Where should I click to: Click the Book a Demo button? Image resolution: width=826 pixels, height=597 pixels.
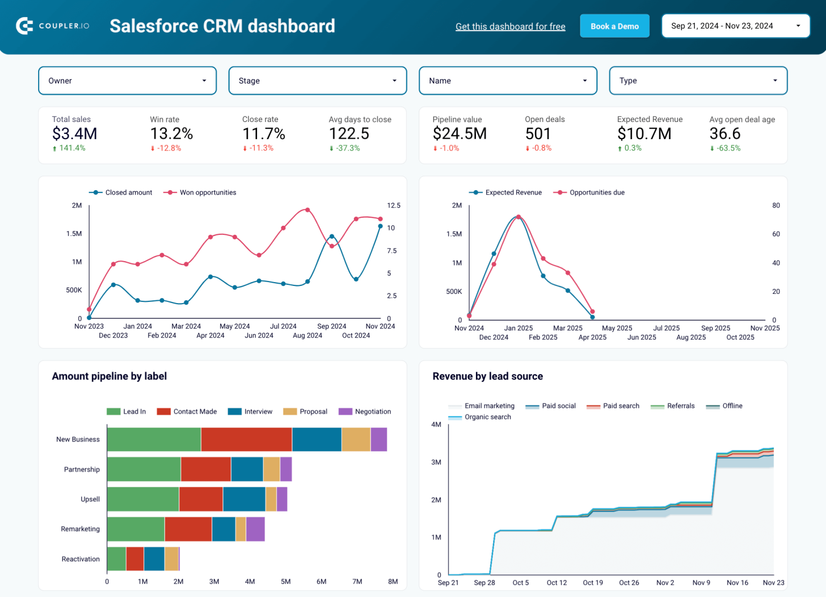[x=614, y=26]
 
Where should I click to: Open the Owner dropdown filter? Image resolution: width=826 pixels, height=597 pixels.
[x=127, y=81]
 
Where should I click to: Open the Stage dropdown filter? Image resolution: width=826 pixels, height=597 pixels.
[x=317, y=81]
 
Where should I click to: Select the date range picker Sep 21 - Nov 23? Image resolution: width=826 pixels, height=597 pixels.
[x=735, y=26]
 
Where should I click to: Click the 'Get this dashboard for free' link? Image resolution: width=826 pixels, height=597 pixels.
[x=510, y=27]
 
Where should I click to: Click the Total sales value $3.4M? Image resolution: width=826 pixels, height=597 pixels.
[x=75, y=133]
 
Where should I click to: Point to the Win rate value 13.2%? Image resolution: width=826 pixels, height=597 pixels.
[x=171, y=133]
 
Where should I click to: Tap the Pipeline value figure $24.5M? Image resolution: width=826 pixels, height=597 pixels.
[x=459, y=133]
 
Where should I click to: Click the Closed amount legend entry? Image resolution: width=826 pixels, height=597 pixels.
[x=128, y=192]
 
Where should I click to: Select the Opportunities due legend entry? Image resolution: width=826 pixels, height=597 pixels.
[x=596, y=192]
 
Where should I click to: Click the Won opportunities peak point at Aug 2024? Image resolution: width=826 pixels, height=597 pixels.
[x=308, y=210]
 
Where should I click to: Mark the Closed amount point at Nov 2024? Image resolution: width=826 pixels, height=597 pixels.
[x=380, y=227]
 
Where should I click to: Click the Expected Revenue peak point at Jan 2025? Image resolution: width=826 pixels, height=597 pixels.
[x=518, y=217]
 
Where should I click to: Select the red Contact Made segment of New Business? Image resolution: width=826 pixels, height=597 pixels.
[x=246, y=440]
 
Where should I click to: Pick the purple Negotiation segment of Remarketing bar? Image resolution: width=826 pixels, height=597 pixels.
[x=255, y=529]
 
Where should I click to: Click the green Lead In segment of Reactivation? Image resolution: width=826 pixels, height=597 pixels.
[x=116, y=559]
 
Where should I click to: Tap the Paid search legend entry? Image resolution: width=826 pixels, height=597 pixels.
[x=621, y=406]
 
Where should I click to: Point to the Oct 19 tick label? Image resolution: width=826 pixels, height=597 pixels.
[x=593, y=582]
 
